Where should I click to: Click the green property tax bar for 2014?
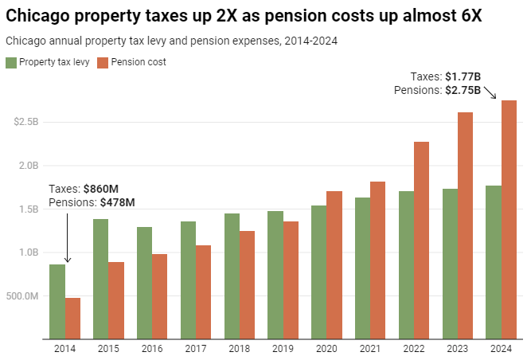pos(57,301)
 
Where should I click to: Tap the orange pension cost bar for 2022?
pos(422,240)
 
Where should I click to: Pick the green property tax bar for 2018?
pos(232,276)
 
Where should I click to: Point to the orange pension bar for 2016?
pos(160,296)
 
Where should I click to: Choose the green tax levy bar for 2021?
pos(362,268)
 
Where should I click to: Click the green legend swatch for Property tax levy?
pos(10,62)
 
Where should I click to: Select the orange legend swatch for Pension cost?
pos(102,62)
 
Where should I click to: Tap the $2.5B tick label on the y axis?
pos(26,123)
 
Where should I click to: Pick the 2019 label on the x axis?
pos(283,348)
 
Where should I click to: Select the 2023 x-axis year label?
pos(458,348)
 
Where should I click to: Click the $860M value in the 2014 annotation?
pos(101,190)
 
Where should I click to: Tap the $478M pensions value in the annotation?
pos(117,202)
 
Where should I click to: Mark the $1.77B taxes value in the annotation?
pos(463,77)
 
